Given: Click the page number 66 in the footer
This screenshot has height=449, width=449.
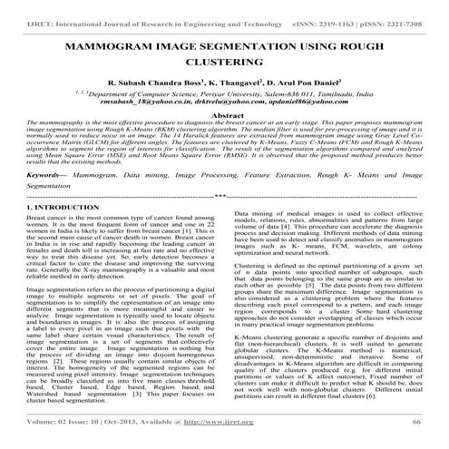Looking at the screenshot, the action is pos(416,434).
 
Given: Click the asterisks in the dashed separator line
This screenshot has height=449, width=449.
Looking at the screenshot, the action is pos(223,220).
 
